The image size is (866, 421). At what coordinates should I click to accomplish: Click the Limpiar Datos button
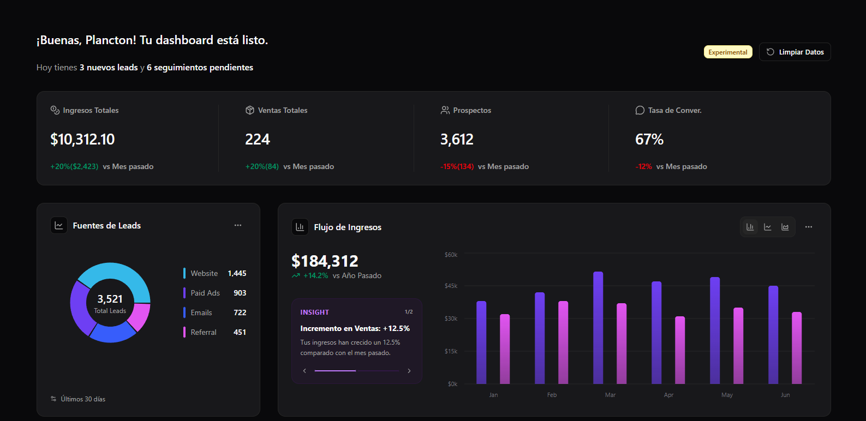pyautogui.click(x=795, y=52)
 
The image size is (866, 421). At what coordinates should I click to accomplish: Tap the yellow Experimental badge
pyautogui.click(x=727, y=52)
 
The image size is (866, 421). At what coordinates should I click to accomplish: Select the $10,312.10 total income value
pyautogui.click(x=82, y=140)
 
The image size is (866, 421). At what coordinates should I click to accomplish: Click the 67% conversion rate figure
pyautogui.click(x=649, y=140)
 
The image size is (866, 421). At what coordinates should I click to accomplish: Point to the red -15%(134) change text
pyautogui.click(x=457, y=166)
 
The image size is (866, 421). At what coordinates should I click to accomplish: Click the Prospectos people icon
pyautogui.click(x=445, y=110)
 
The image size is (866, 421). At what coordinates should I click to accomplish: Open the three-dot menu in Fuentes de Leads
pyautogui.click(x=238, y=225)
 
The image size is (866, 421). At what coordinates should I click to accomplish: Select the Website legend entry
pyautogui.click(x=204, y=273)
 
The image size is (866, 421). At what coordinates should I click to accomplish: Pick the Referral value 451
pyautogui.click(x=240, y=332)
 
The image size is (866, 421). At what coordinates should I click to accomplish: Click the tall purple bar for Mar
pyautogui.click(x=598, y=327)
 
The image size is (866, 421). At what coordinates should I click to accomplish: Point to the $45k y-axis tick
pyautogui.click(x=451, y=286)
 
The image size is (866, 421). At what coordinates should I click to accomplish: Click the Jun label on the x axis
pyautogui.click(x=785, y=395)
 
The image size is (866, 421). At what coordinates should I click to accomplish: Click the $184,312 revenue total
pyautogui.click(x=325, y=261)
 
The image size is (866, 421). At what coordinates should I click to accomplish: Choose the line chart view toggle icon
pyautogui.click(x=768, y=227)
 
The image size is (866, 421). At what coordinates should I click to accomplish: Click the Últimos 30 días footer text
pyautogui.click(x=83, y=399)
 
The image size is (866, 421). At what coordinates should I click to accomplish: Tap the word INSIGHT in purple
pyautogui.click(x=314, y=312)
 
